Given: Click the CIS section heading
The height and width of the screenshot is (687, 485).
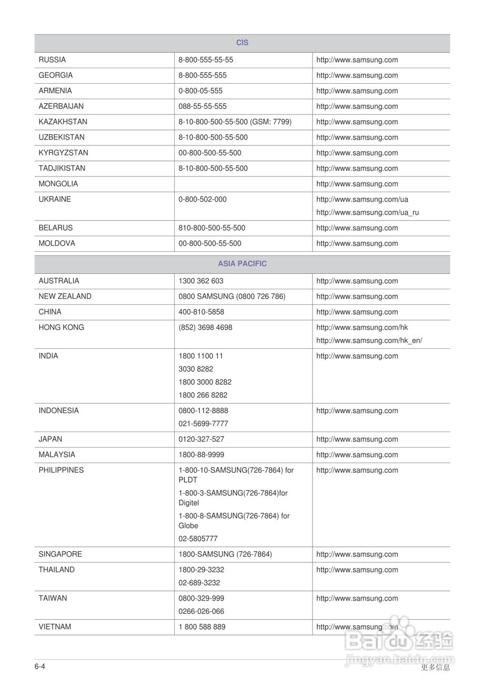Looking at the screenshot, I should (x=242, y=43).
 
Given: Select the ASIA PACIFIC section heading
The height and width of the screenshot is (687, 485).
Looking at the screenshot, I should (x=242, y=264).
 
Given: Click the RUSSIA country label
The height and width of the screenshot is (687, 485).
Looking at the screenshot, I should (x=52, y=60).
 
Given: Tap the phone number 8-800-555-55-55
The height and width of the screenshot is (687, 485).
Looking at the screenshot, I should (x=206, y=60).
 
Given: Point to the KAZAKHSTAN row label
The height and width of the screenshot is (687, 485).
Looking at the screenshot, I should (x=63, y=122).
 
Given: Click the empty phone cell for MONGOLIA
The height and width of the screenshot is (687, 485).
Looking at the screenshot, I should (x=243, y=184).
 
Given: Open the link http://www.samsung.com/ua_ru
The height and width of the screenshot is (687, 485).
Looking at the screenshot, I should (x=368, y=213).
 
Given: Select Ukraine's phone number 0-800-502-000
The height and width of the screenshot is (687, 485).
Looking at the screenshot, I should (x=203, y=200).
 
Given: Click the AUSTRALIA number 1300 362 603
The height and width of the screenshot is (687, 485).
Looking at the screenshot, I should (x=201, y=281).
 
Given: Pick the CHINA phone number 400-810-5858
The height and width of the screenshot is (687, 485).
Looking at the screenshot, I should (x=202, y=312).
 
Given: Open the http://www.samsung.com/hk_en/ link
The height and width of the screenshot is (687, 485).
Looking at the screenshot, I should (x=369, y=341).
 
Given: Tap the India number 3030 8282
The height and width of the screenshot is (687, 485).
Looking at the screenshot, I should (x=196, y=369).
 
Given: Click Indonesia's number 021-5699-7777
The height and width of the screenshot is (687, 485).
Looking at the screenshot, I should (x=203, y=424).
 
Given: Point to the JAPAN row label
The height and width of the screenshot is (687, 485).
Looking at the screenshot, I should (x=50, y=440).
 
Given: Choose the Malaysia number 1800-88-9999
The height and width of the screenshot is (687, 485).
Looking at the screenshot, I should (x=202, y=455).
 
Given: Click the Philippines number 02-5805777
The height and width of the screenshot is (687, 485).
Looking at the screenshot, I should (x=198, y=539).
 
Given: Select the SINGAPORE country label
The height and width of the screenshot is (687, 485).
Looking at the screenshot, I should (x=60, y=554).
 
